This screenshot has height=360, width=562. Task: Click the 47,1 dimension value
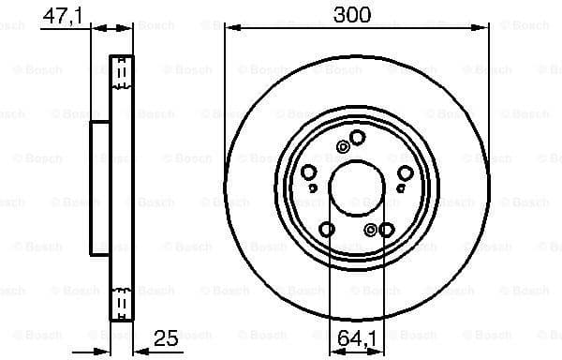pyautogui.click(x=62, y=15)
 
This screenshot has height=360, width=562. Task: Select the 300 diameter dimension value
pyautogui.click(x=357, y=14)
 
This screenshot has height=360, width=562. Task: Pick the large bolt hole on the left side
pyautogui.click(x=308, y=172)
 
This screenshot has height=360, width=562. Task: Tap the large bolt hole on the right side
pyautogui.click(x=405, y=172)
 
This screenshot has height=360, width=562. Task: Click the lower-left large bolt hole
pyautogui.click(x=327, y=229)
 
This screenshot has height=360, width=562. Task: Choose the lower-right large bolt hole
pyautogui.click(x=387, y=229)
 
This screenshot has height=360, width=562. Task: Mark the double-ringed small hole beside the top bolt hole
pyautogui.click(x=345, y=146)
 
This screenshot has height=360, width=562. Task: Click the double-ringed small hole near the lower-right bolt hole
pyautogui.click(x=372, y=230)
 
